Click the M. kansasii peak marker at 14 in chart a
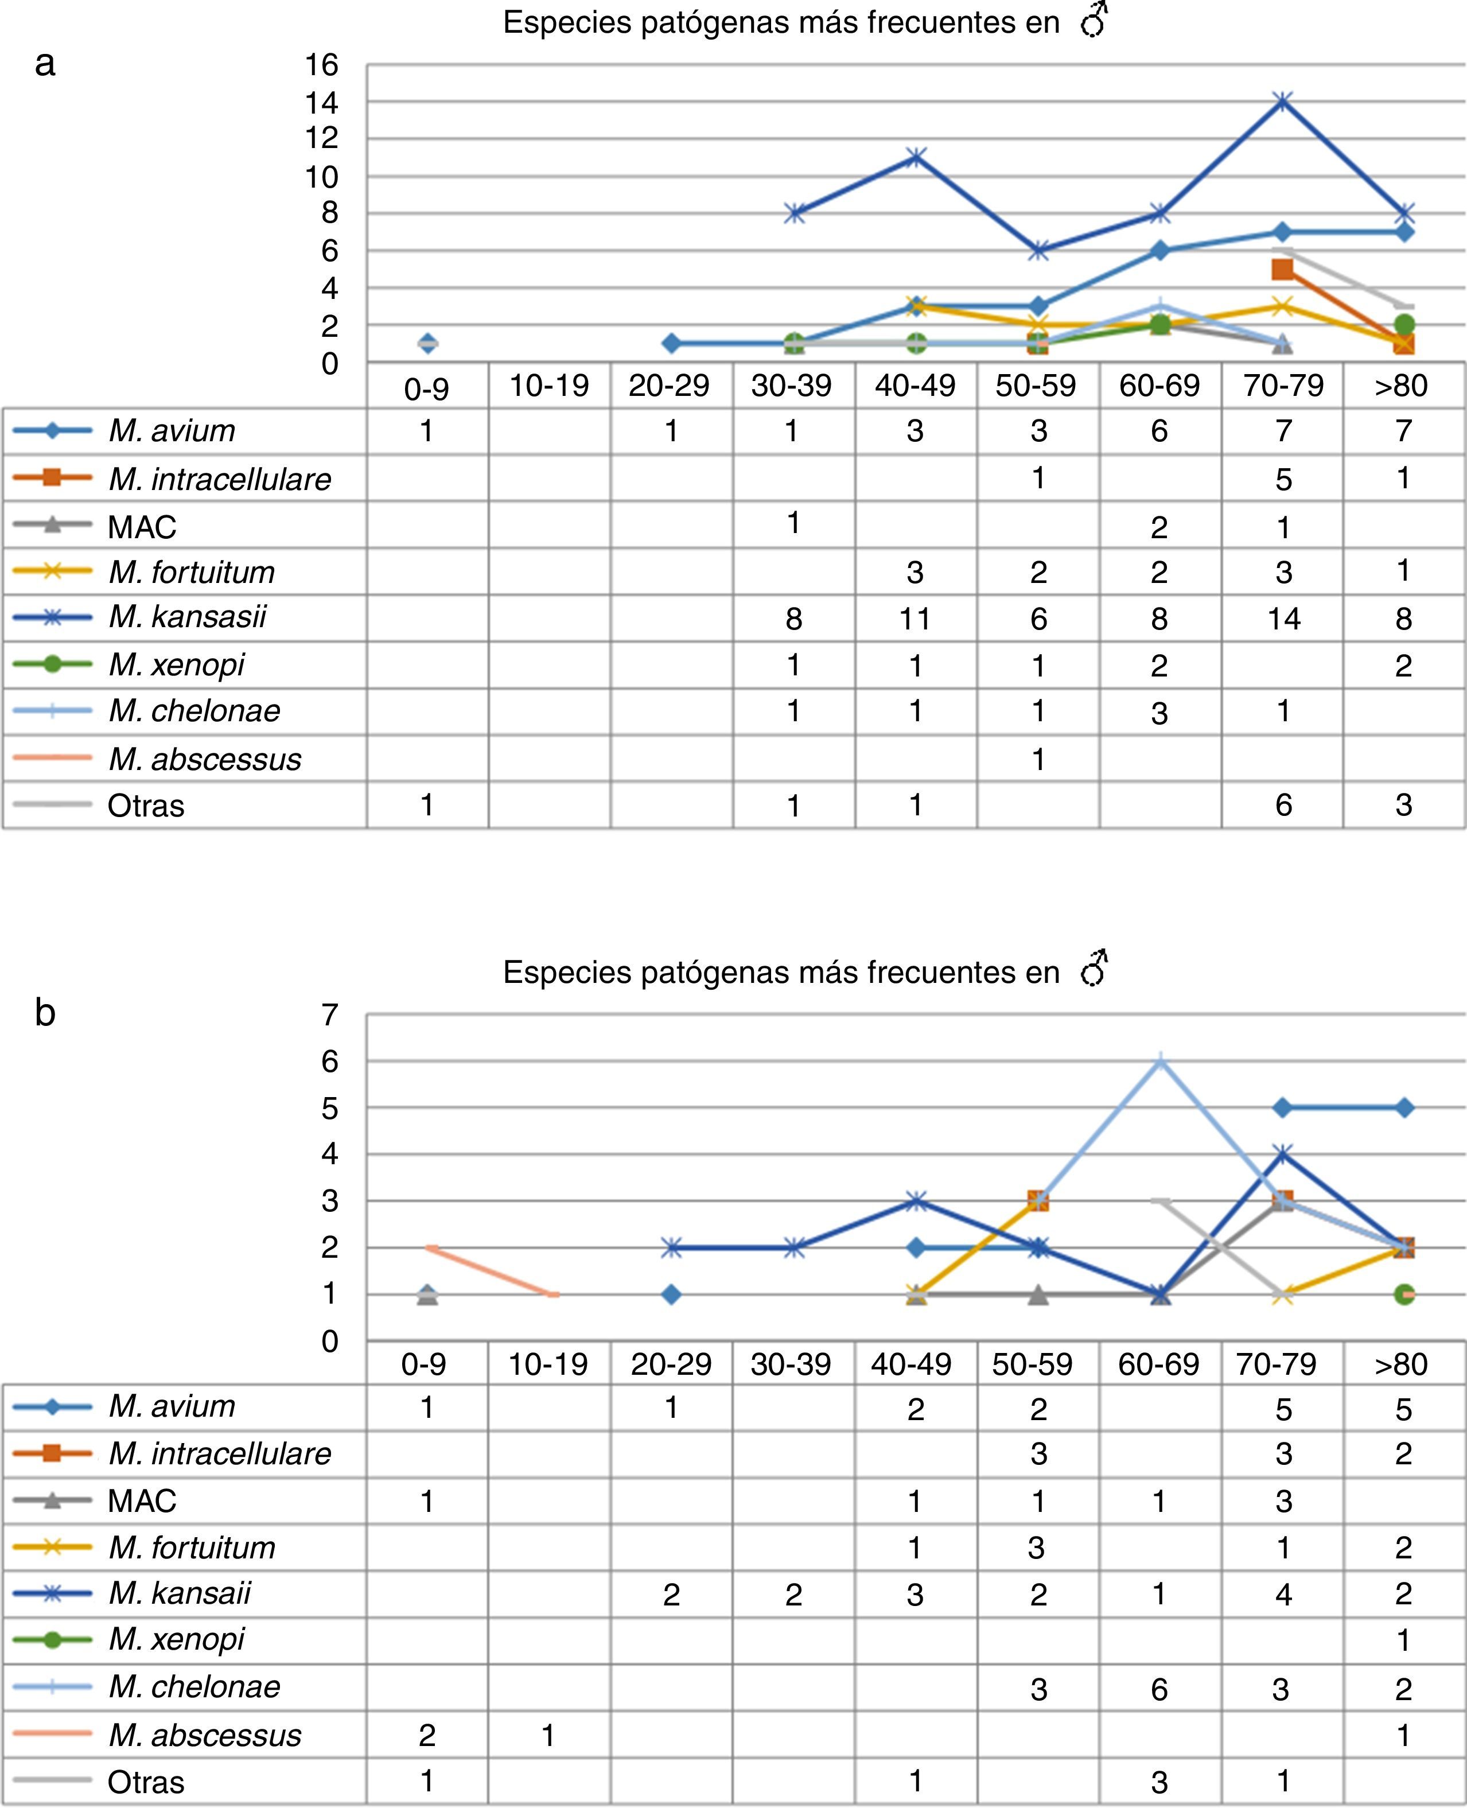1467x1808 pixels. coord(1283,102)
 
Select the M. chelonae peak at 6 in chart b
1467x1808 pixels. coord(1160,1062)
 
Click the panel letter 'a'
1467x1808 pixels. coord(45,63)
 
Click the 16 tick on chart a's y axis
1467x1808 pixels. coord(321,65)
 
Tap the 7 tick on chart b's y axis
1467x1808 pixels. coord(329,1014)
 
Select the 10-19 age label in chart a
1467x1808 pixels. coord(548,386)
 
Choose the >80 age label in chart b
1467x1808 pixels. coord(1400,1363)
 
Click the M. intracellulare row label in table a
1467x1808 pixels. coord(220,479)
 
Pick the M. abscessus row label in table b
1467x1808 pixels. coord(204,1735)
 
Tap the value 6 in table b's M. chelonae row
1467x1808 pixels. coord(1159,1689)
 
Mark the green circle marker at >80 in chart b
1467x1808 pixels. coord(1404,1294)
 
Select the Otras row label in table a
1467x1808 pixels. coord(145,806)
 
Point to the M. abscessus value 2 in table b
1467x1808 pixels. coord(427,1735)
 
